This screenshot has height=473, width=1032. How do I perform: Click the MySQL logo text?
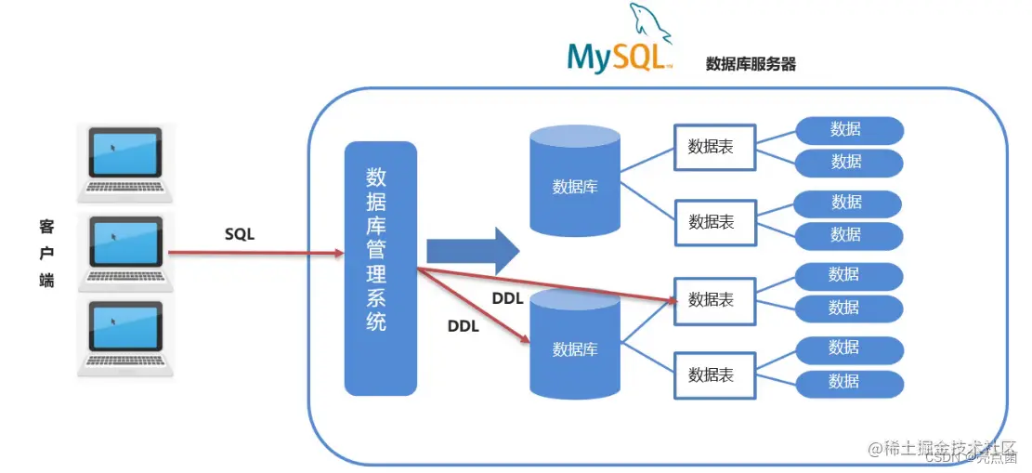(x=617, y=55)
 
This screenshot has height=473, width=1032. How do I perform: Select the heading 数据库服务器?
(x=751, y=64)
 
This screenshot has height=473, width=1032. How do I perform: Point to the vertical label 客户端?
(x=47, y=253)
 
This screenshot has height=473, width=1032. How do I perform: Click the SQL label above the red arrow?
(x=240, y=235)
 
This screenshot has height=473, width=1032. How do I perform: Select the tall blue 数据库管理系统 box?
(x=380, y=269)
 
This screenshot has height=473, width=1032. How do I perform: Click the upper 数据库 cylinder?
(x=575, y=181)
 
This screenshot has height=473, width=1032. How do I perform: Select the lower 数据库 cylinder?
(x=575, y=344)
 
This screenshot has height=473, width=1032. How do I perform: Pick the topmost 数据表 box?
(x=714, y=147)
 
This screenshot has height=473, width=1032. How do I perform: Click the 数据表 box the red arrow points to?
(x=714, y=300)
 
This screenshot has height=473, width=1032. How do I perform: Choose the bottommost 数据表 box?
(x=714, y=374)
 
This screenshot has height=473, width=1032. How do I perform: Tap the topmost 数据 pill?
(x=847, y=130)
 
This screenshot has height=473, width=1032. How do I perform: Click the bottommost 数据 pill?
(x=847, y=381)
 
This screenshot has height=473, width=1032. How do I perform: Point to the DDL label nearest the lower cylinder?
(x=463, y=326)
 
